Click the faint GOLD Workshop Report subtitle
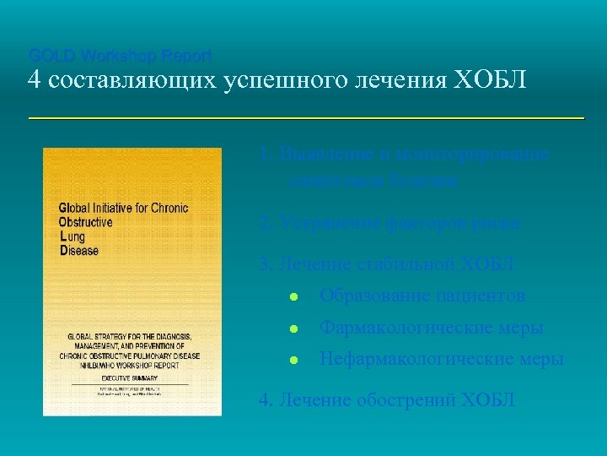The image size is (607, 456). [120, 56]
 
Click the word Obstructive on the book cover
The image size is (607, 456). [85, 222]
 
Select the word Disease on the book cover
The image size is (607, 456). [78, 251]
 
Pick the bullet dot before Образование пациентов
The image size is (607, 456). [291, 296]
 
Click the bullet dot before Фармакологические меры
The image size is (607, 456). [291, 328]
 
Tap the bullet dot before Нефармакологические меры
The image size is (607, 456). [291, 360]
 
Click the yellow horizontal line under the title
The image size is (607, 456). [305, 119]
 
